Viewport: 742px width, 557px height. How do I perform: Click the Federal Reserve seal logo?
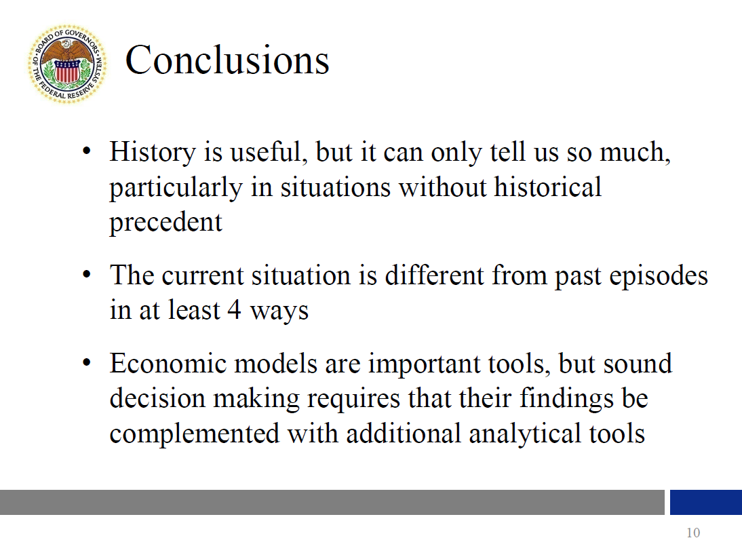pyautogui.click(x=67, y=64)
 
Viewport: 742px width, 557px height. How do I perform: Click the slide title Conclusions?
pyautogui.click(x=227, y=60)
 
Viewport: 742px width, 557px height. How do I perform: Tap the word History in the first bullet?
pyautogui.click(x=153, y=153)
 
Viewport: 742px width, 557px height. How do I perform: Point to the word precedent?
pyautogui.click(x=165, y=222)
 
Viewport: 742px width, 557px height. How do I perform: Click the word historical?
pyautogui.click(x=547, y=187)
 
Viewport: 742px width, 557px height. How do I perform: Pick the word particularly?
pyautogui.click(x=176, y=188)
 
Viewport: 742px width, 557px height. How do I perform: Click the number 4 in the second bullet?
pyautogui.click(x=234, y=310)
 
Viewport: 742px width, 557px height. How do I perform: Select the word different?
pyautogui.click(x=434, y=275)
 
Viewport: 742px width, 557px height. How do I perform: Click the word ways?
pyautogui.click(x=279, y=312)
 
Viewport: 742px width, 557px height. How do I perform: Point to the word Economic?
pyautogui.click(x=168, y=364)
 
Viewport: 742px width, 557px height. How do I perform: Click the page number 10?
pyautogui.click(x=693, y=533)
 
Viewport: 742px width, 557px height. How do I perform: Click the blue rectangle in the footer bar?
pyautogui.click(x=706, y=502)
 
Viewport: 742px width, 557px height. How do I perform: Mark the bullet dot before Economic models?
pyautogui.click(x=86, y=363)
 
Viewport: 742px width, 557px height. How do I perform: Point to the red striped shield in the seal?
pyautogui.click(x=66, y=72)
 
